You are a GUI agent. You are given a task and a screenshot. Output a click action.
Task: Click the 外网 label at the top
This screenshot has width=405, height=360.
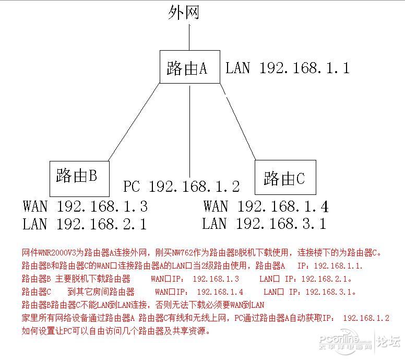coord(184,13)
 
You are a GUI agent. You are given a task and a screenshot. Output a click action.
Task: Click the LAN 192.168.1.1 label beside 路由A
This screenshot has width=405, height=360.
coord(288,68)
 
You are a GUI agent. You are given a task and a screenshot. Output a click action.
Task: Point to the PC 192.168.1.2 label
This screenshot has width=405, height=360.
coord(181,187)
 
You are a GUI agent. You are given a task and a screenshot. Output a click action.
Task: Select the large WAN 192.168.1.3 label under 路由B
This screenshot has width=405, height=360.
coord(85,206)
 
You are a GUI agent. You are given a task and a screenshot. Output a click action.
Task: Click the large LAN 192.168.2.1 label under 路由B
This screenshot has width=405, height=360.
coord(85,224)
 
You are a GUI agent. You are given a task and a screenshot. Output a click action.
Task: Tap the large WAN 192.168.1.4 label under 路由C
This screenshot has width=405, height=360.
coord(266,206)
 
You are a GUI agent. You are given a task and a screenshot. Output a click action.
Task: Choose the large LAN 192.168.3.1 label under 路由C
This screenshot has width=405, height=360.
coord(264,224)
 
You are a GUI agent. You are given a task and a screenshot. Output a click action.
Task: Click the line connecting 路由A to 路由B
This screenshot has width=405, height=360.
coord(134,122)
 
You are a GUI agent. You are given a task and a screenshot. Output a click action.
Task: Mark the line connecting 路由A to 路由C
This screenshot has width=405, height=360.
coord(237,122)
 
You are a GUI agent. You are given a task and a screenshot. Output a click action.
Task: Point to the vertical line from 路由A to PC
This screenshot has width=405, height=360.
coord(190,131)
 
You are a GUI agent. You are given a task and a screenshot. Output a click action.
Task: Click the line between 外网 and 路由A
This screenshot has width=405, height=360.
coord(189,37)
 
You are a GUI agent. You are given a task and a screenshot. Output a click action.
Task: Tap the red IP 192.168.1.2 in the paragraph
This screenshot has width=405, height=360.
coord(366,318)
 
